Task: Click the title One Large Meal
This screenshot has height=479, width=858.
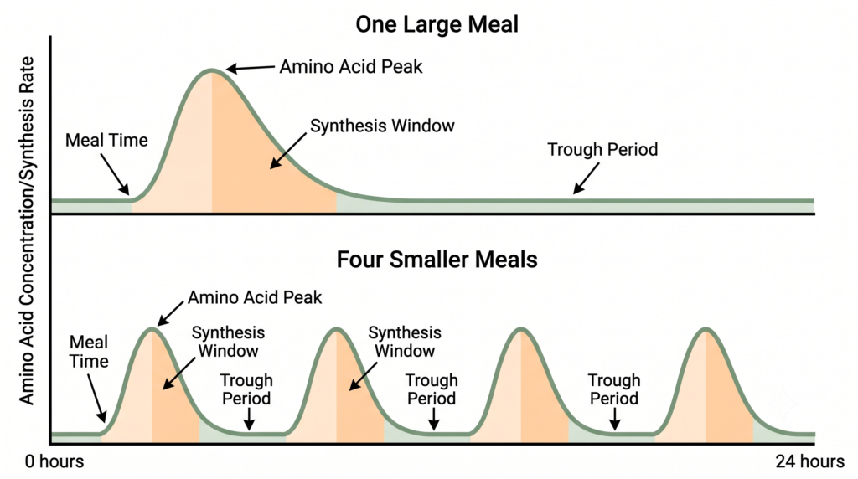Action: tap(437, 24)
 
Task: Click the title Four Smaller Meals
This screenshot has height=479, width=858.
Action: tap(437, 260)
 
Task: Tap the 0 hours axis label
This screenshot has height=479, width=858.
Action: tap(54, 461)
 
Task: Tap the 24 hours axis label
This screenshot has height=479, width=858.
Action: tap(810, 461)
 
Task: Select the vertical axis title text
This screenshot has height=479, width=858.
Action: tap(27, 230)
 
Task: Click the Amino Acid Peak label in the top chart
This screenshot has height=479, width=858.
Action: tap(351, 67)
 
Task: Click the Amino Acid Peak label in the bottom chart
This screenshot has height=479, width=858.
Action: tap(255, 297)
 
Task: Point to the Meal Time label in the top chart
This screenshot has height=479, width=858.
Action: tap(106, 141)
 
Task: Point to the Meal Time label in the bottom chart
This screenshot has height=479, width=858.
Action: tap(89, 352)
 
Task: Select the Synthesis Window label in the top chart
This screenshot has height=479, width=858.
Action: tap(382, 126)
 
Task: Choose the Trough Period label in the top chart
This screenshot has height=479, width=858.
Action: tap(602, 149)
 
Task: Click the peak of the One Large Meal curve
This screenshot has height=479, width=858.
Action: tap(211, 70)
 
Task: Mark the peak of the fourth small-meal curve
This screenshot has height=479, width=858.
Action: tap(706, 328)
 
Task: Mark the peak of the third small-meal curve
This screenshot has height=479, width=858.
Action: tap(521, 328)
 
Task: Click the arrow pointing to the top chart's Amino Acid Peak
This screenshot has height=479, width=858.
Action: tap(250, 69)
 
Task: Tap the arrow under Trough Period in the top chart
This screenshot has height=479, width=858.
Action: tap(586, 178)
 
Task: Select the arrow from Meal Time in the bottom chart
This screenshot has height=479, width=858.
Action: tap(97, 398)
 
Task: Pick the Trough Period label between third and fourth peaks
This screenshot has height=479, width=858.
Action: tap(613, 389)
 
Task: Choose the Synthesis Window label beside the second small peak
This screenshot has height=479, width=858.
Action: tap(405, 342)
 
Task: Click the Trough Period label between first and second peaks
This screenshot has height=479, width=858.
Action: tap(246, 389)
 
